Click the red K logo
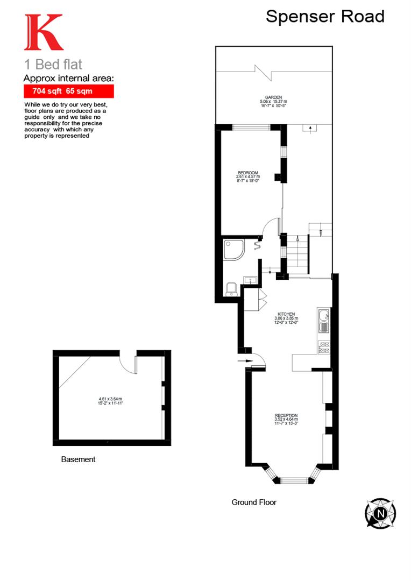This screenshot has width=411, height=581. pos(43,33)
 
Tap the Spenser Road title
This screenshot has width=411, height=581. pos(325,17)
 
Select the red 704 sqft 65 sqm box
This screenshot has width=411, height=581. pos(68,91)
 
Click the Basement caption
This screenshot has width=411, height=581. pos(78,459)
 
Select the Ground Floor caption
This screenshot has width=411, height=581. pos(254,502)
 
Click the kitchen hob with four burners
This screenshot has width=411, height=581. pos(324,348)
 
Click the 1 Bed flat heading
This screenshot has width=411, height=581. pos(53,65)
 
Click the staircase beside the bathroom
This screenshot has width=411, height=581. pos(297,253)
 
